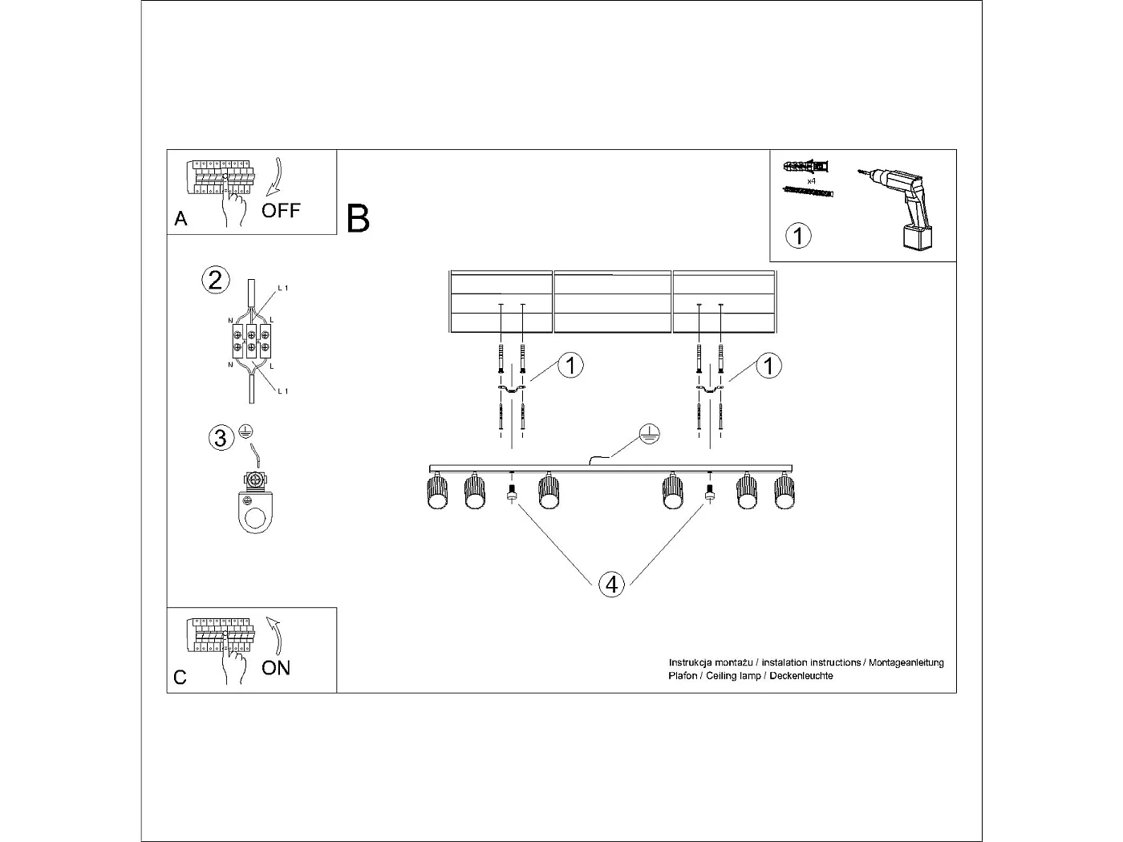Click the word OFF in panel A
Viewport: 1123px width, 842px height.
tap(281, 210)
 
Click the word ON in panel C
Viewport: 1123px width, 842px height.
tap(276, 667)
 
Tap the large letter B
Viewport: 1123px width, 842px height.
tap(358, 219)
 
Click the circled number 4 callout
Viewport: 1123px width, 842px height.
tap(612, 585)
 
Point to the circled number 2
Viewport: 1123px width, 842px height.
tap(215, 280)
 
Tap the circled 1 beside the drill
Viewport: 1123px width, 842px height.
tap(798, 236)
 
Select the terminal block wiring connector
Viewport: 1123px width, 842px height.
tap(251, 342)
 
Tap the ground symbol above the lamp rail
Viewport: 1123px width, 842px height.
tap(650, 435)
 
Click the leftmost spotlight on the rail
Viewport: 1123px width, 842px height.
tap(436, 491)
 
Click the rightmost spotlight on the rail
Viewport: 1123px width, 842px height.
tap(784, 491)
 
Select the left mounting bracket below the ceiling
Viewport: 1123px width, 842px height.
tap(511, 390)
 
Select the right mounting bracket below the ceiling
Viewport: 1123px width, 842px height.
tap(710, 390)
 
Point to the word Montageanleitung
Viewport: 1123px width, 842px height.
tap(906, 663)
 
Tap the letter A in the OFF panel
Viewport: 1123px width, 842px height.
tap(180, 219)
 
